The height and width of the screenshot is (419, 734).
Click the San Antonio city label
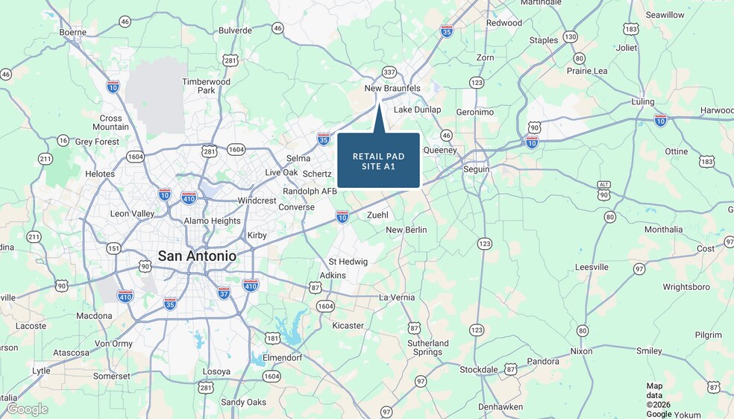click(197, 256)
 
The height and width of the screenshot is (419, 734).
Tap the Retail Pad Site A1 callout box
click(378, 160)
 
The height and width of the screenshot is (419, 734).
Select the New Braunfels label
click(392, 88)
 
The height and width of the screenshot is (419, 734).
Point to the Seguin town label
click(477, 169)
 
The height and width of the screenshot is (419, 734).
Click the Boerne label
click(73, 32)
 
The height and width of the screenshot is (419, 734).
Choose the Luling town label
click(642, 101)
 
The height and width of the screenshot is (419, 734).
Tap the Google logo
click(27, 409)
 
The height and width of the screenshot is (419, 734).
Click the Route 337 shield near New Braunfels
click(389, 72)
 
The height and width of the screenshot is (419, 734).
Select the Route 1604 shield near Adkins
click(325, 306)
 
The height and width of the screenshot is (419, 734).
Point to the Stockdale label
click(478, 370)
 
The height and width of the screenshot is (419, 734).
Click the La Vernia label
click(397, 297)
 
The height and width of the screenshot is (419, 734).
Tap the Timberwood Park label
click(207, 86)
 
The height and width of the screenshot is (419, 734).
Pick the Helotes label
click(100, 174)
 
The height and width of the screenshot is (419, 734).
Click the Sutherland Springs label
click(428, 347)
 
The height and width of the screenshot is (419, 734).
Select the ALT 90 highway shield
click(604, 189)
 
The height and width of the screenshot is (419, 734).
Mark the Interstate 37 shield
click(224, 293)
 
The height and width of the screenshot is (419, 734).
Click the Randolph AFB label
click(310, 192)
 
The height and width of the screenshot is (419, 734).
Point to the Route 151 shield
click(113, 248)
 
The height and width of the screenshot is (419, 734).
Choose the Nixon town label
click(581, 350)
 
